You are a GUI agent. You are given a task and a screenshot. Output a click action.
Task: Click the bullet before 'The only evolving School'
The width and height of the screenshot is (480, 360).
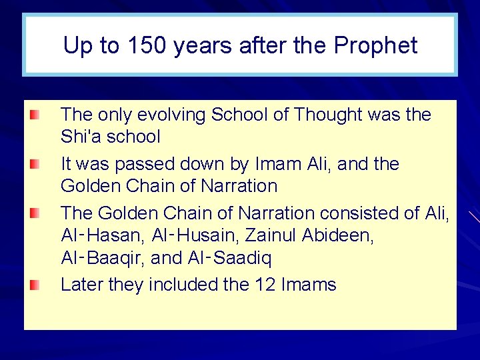[34, 115]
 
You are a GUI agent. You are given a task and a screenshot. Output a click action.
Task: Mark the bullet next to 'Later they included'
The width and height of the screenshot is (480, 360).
[34, 285]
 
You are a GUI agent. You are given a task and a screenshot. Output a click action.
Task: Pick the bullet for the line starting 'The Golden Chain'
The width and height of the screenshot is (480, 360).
[34, 213]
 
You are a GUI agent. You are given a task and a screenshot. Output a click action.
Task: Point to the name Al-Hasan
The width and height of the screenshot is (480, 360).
[100, 236]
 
